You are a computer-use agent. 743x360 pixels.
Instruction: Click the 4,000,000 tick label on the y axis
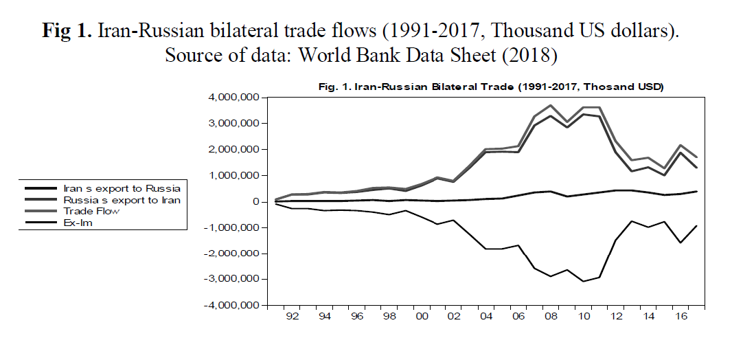coord(233,98)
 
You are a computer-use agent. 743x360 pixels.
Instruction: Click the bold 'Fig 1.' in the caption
coord(67,31)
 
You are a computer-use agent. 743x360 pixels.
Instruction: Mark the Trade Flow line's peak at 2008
coord(550,106)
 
